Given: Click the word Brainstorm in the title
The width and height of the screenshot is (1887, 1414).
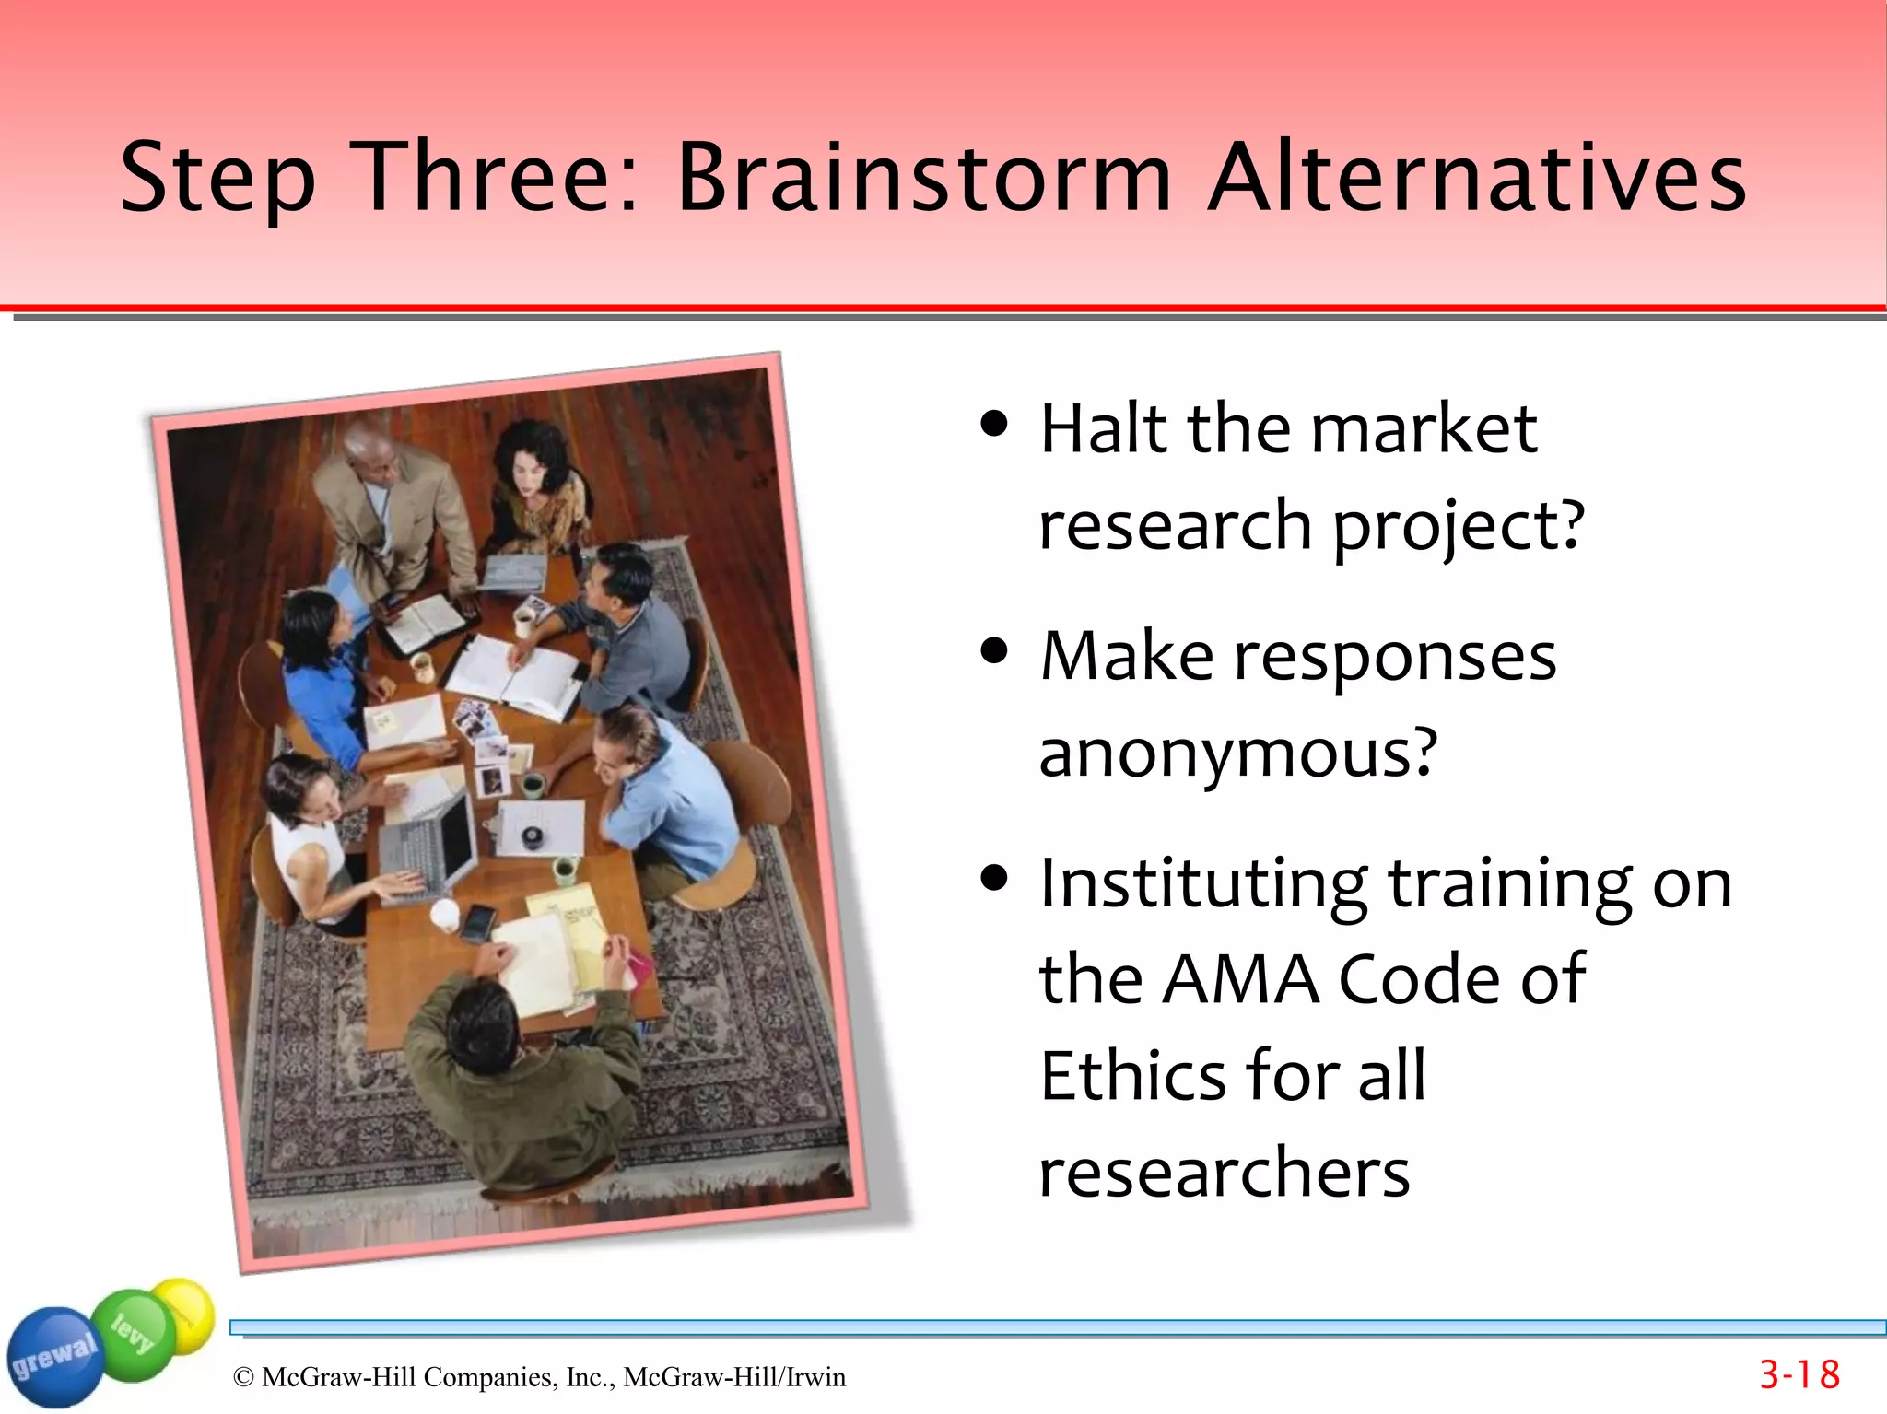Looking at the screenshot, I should tap(923, 177).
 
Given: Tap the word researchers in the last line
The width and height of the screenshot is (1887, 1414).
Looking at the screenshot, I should tap(1224, 1173).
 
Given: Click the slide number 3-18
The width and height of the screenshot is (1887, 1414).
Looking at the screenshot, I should tap(1799, 1374).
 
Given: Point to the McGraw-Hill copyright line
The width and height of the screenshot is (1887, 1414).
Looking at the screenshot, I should tap(539, 1377).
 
